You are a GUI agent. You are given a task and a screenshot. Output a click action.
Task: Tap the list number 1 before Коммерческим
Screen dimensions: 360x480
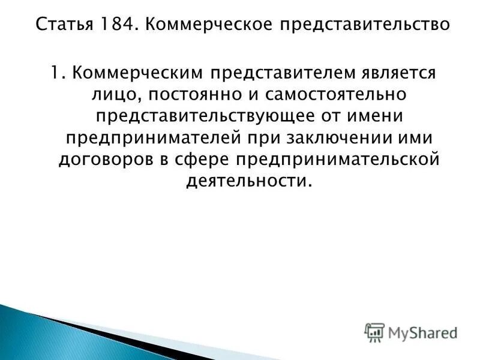(54, 74)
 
